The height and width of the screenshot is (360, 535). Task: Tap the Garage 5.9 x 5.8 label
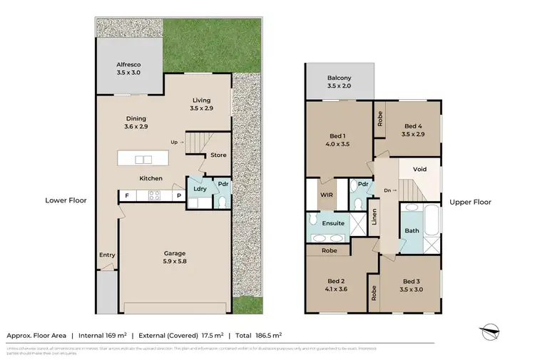[175, 257]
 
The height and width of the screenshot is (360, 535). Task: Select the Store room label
[218, 155]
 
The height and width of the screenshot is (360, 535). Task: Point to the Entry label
[107, 254]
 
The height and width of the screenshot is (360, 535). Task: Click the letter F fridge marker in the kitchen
[127, 195]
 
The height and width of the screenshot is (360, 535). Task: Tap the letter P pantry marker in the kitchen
[178, 195]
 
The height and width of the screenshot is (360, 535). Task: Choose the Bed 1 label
[339, 140]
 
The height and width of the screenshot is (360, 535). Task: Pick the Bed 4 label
[413, 128]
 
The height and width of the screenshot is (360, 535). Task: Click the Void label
[419, 169]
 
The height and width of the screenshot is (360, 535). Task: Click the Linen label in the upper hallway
[374, 217]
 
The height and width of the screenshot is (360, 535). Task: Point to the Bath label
[412, 230]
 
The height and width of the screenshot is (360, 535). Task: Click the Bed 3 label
[412, 285]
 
